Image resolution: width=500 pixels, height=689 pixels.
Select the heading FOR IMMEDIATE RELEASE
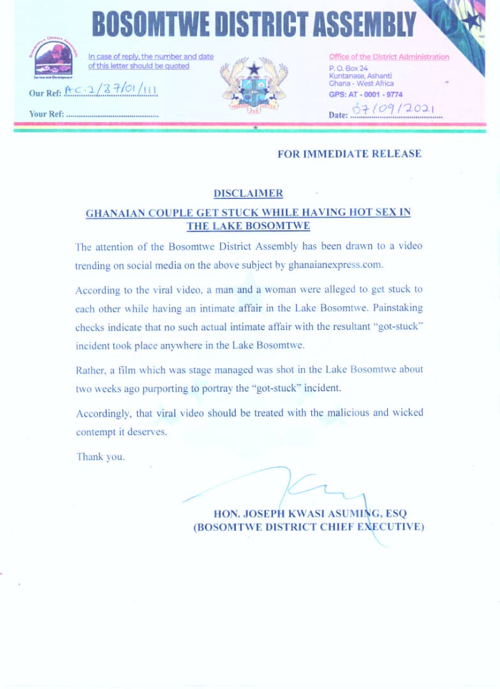click(349, 154)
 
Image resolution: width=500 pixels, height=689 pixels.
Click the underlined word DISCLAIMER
click(248, 193)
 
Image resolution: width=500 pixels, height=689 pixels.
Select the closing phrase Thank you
click(100, 457)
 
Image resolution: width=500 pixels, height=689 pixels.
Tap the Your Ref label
click(46, 114)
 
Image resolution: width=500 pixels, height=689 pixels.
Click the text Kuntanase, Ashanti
click(361, 76)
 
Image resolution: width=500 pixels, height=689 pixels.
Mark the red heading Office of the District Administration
click(389, 57)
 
